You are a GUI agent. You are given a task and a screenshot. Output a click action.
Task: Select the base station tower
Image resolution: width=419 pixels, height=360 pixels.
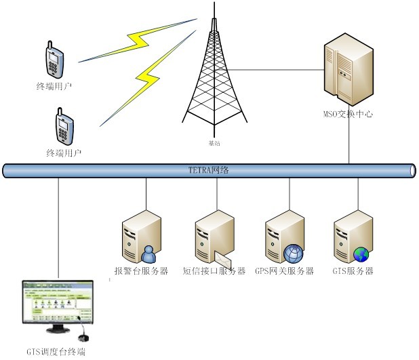[214, 75]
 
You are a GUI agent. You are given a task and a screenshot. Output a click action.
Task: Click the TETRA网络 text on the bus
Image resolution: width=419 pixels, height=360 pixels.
[209, 170]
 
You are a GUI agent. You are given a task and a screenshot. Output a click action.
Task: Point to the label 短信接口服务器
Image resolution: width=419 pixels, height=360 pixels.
[214, 271]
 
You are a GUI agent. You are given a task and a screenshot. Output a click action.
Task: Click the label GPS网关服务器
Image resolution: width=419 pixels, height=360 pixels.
[284, 271]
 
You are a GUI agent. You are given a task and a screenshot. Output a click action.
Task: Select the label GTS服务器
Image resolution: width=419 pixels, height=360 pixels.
[353, 271]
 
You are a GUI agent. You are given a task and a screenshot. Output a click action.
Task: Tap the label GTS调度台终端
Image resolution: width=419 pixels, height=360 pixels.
[56, 351]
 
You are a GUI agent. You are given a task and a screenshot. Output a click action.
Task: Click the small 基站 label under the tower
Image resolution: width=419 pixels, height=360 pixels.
[214, 144]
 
